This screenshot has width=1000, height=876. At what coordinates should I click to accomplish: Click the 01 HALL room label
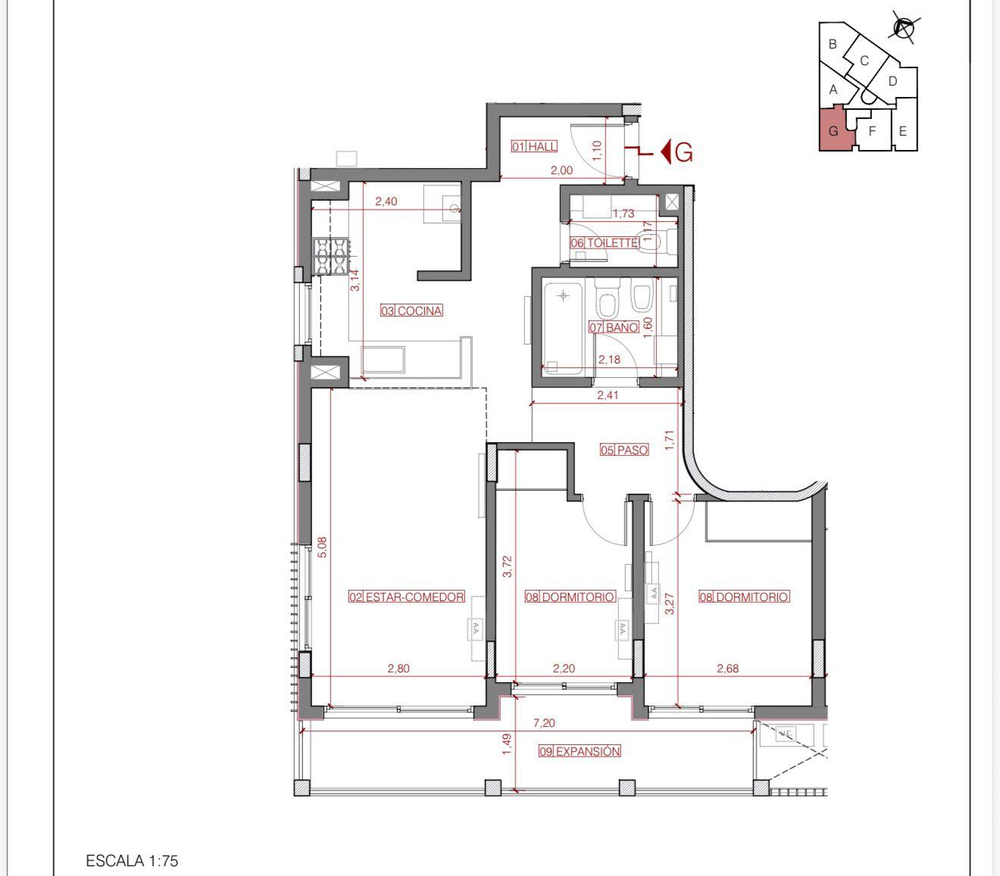535,146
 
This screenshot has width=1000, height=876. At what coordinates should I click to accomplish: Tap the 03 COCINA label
411,310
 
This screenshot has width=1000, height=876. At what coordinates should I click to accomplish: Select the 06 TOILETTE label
605,243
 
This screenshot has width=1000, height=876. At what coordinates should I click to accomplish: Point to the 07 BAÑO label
614,327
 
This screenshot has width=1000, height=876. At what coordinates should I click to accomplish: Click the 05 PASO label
624,450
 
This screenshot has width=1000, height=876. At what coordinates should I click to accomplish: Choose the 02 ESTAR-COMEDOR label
407,597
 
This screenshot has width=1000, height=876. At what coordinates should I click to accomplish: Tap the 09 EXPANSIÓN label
580,751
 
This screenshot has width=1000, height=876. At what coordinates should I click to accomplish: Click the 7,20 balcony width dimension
544,723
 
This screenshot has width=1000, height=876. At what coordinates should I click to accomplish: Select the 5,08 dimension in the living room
322,547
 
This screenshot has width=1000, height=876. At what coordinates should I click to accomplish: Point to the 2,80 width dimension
398,669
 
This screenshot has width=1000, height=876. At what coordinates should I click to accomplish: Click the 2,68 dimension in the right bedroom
727,669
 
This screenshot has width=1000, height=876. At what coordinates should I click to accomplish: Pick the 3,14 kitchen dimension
355,280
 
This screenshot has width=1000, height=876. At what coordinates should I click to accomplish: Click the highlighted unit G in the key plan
835,129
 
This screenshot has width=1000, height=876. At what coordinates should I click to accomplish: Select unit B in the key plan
833,45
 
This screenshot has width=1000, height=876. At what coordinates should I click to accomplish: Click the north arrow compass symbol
904,29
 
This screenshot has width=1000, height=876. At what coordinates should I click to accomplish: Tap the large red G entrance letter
683,153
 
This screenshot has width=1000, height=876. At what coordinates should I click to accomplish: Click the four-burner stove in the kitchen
331,257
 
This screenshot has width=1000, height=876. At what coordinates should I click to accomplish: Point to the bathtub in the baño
563,327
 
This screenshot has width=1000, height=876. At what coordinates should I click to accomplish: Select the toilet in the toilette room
657,242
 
